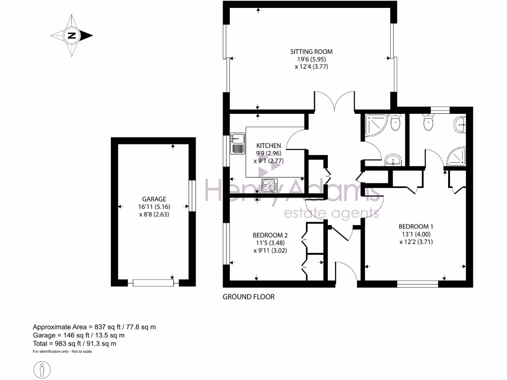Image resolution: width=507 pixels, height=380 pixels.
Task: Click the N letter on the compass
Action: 72,36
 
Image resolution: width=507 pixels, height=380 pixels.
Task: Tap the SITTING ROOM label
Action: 311,51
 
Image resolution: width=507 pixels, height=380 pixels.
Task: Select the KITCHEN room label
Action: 268,145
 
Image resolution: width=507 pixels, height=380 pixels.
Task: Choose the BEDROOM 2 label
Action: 270,235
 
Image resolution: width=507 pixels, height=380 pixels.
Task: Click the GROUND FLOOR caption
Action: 249,297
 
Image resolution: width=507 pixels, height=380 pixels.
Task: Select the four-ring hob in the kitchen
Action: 270,185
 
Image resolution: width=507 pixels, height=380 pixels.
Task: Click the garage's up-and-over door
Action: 153,283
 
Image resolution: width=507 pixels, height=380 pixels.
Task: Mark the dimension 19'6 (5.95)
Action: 311,59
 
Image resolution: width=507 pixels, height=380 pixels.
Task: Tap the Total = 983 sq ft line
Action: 75,343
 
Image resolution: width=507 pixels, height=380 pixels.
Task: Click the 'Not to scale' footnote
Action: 79,351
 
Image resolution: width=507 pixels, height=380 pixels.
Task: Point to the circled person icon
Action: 43,370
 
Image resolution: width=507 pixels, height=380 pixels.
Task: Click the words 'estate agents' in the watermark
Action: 331,213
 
